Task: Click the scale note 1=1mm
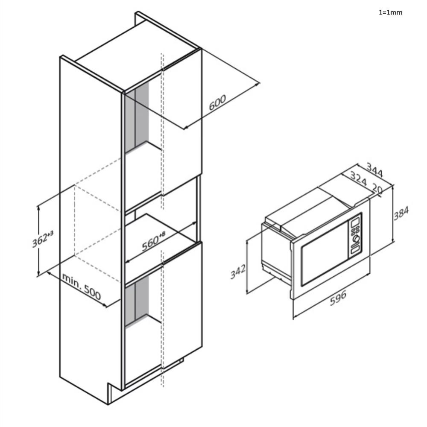390,12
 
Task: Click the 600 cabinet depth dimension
217,102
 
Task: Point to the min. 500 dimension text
82,286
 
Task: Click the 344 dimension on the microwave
375,170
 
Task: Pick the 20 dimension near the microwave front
377,189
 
